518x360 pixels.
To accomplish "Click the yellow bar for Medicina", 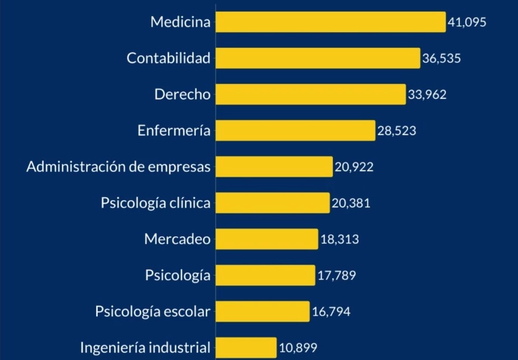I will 330,22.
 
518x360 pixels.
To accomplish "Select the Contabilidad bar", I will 317,58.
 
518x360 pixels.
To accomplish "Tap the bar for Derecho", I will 310,94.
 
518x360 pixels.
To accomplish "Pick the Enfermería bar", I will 295,130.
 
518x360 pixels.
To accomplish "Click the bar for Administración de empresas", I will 274,167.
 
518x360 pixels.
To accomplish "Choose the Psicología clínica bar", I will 272,203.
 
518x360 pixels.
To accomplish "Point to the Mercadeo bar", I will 267,239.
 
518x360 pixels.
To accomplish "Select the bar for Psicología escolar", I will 262,312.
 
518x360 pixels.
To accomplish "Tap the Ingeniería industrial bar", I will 246,348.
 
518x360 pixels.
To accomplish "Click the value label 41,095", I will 467,23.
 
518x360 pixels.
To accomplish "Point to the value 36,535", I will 442,59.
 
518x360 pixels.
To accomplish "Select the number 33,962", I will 427,95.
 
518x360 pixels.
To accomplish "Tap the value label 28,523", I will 396,131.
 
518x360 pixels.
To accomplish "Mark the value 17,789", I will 336,275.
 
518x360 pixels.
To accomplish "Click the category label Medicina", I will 180,22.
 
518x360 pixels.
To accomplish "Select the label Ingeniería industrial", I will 145,348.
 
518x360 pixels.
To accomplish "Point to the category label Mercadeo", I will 178,239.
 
